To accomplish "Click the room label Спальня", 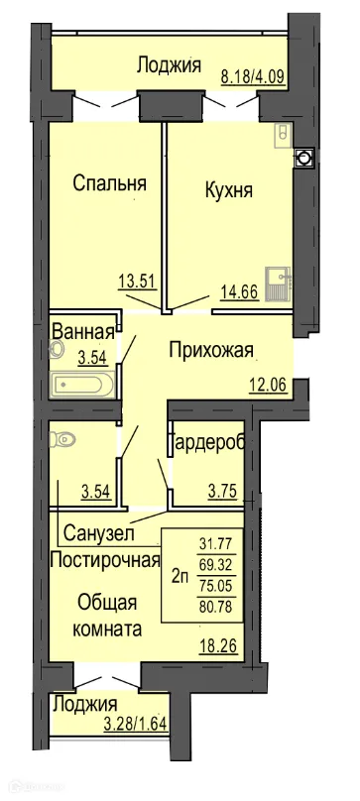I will (111, 182).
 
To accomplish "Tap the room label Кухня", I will (227, 187).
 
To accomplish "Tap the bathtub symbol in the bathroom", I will (83, 383).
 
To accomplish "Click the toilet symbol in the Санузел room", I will (66, 437).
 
